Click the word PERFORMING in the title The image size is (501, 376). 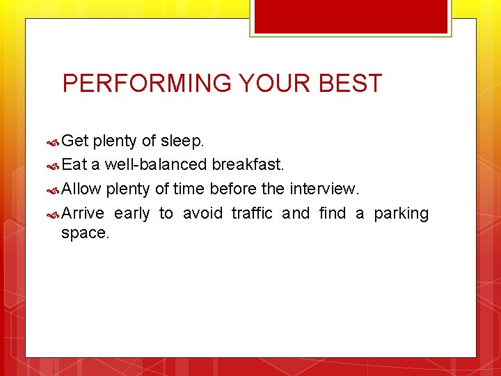147,84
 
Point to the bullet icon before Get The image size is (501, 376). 53,142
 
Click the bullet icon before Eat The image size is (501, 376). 53,166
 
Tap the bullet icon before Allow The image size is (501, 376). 53,190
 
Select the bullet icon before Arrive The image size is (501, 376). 53,214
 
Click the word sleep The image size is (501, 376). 182,141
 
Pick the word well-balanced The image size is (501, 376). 156,165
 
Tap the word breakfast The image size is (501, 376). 248,165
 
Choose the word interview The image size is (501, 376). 324,189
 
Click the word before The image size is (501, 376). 233,189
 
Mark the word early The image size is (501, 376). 132,213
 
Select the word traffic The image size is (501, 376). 252,213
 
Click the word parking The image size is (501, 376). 401,213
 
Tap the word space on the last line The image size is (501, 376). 85,233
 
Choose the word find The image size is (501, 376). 332,213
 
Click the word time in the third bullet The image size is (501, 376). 189,189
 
